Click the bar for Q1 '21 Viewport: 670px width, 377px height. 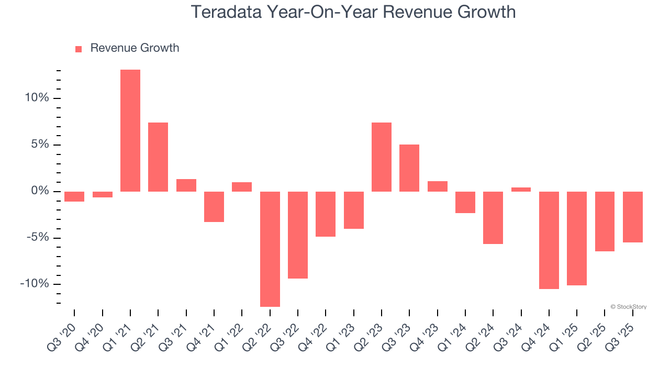pyautogui.click(x=130, y=131)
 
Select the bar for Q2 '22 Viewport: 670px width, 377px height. pyautogui.click(x=270, y=249)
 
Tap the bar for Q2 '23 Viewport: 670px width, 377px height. pyautogui.click(x=382, y=157)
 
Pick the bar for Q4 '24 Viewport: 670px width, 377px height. pyautogui.click(x=549, y=240)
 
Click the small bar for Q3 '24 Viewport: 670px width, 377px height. pyautogui.click(x=521, y=190)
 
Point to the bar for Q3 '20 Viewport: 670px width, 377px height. pyautogui.click(x=74, y=196)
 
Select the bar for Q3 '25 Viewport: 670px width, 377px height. pyautogui.click(x=633, y=217)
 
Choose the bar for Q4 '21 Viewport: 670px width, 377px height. pyautogui.click(x=214, y=206)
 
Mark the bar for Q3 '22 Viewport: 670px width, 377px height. pyautogui.click(x=298, y=235)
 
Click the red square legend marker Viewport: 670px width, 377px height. pyautogui.click(x=79, y=49)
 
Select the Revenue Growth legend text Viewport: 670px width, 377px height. pyautogui.click(x=135, y=48)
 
